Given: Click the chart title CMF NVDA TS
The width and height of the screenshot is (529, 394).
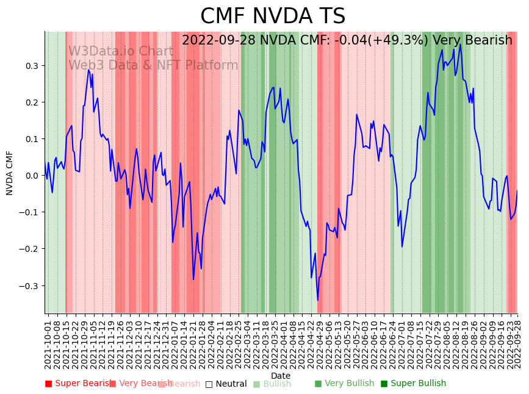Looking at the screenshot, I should [x=273, y=16].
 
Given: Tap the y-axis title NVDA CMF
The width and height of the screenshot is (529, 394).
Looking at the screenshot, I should [x=10, y=173].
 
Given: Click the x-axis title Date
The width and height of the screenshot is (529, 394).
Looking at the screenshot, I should [x=281, y=376].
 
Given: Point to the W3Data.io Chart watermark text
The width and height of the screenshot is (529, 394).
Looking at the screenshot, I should [x=120, y=51].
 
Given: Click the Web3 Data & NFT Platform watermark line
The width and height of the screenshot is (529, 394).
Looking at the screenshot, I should [x=153, y=65].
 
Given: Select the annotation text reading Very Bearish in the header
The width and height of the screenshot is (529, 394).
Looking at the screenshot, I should [x=472, y=40].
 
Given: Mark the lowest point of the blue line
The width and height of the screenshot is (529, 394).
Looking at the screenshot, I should [x=317, y=300].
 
